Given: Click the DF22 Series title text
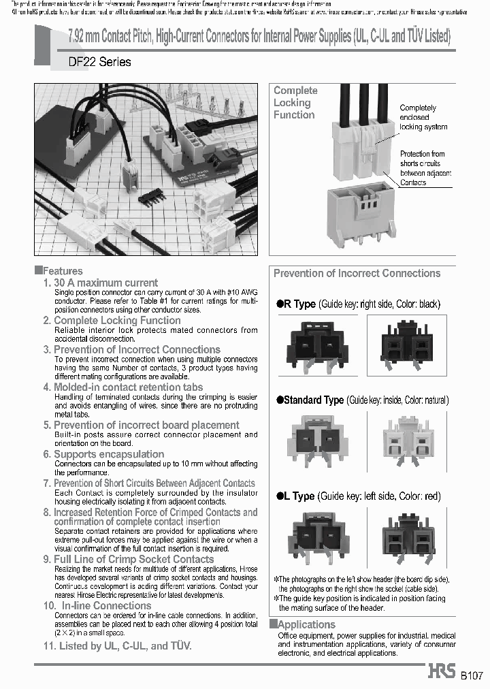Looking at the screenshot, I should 99,62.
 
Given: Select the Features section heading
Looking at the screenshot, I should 62,270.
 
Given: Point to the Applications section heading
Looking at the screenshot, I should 306,624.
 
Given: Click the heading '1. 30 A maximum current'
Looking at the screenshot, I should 100,282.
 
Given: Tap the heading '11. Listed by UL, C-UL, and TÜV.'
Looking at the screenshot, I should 117,645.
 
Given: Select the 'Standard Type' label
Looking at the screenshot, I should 310,400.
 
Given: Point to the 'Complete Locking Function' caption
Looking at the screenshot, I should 295,103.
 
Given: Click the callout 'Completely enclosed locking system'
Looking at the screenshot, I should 423,117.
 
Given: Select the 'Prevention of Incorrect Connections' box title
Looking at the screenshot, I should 357,274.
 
